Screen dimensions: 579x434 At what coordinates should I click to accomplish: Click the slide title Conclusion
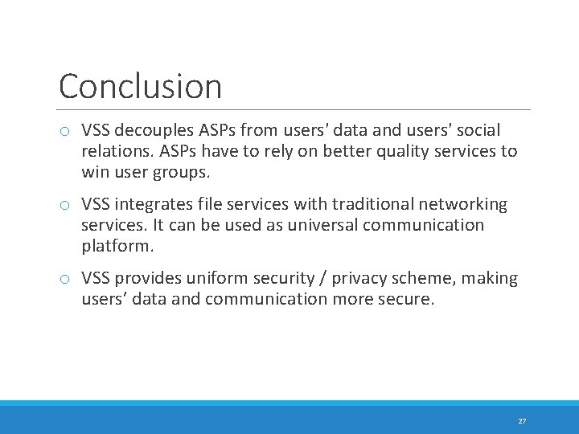[x=140, y=87]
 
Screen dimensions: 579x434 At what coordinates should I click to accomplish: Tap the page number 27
[x=522, y=421]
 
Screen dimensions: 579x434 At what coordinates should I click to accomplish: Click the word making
[x=492, y=279]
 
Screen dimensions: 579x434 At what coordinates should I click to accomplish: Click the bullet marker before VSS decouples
[x=65, y=131]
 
